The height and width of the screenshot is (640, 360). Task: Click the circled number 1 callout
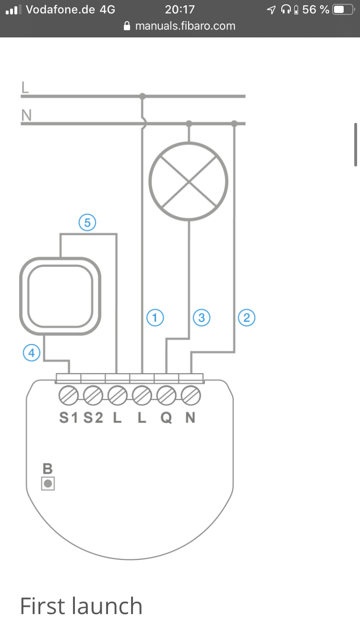[x=155, y=318]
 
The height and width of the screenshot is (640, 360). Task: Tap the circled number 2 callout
[x=247, y=318]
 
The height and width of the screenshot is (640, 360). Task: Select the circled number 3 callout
[x=201, y=318]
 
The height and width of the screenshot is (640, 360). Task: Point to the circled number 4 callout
[x=32, y=353]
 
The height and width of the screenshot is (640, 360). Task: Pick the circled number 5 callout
[x=87, y=223]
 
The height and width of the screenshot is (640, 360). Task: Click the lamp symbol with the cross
[x=189, y=181]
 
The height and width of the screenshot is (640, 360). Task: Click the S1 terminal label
[x=68, y=418]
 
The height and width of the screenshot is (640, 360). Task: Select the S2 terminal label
[x=93, y=418]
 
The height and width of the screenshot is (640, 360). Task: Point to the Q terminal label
[x=166, y=418]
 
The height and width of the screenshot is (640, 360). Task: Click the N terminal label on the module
[x=191, y=418]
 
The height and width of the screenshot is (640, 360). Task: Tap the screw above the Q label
[x=166, y=396]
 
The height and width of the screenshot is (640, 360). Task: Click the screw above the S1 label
[x=68, y=396]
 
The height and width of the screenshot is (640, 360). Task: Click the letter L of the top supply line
[x=25, y=87]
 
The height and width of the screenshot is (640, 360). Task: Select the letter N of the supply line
[x=26, y=115]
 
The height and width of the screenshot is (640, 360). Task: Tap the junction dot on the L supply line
[x=142, y=96]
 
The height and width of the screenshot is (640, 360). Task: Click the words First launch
[x=81, y=606]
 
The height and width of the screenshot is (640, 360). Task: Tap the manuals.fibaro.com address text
[x=185, y=26]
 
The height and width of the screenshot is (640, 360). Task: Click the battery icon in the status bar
[x=342, y=9]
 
